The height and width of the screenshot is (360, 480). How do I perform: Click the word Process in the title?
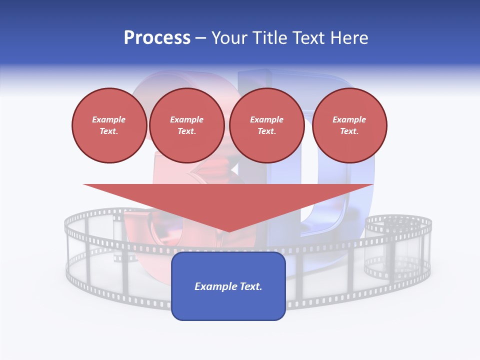157,38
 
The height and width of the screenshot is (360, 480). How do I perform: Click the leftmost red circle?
109,125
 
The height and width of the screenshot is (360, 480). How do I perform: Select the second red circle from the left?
186,125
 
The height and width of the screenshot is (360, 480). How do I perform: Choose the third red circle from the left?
266,125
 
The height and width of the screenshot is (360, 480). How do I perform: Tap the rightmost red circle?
349,125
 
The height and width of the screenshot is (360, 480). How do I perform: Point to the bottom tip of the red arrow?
228,230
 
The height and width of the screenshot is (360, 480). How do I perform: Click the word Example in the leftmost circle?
109,119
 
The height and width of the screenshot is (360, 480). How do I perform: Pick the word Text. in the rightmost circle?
349,131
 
